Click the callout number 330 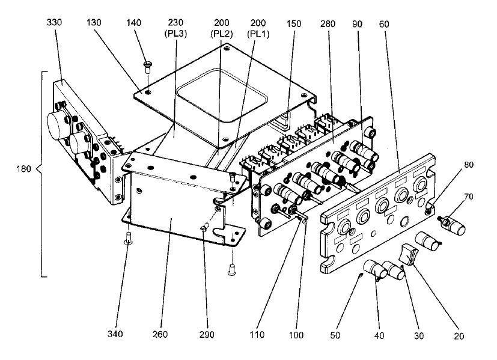[x=54, y=22]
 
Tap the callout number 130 [x=94, y=22]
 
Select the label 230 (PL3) [x=175, y=28]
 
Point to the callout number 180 [x=24, y=169]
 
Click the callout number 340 [x=115, y=334]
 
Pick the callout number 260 [x=160, y=334]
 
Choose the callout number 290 [x=207, y=335]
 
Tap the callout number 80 [x=469, y=165]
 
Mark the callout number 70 [x=469, y=197]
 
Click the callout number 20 [x=459, y=336]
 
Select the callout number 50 [x=335, y=335]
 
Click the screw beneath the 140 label [x=148, y=67]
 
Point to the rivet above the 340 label [x=129, y=239]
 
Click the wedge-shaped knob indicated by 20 [x=409, y=253]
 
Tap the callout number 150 [x=294, y=24]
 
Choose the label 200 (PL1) [x=258, y=28]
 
